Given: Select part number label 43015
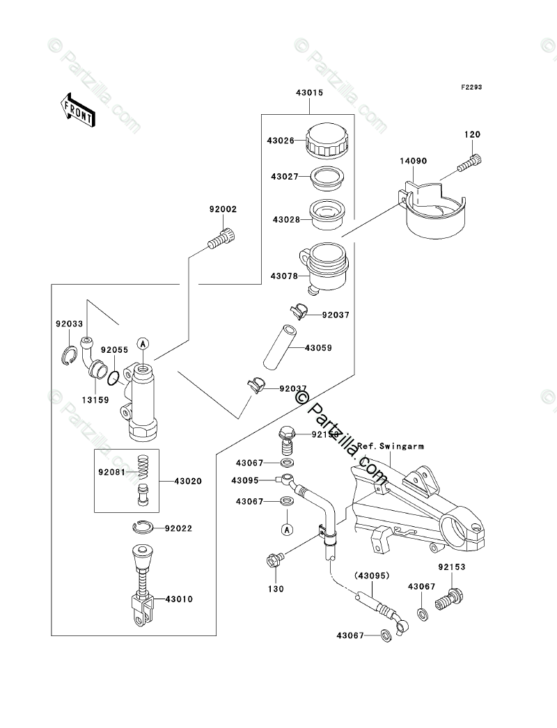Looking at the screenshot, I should point(308,93).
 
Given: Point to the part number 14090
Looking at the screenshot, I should point(413,161).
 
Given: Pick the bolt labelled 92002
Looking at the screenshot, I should point(223,239).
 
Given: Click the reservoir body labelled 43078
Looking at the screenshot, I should point(326,268).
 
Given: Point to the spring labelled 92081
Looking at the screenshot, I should point(143,467).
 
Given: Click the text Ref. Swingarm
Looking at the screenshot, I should point(391,445).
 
